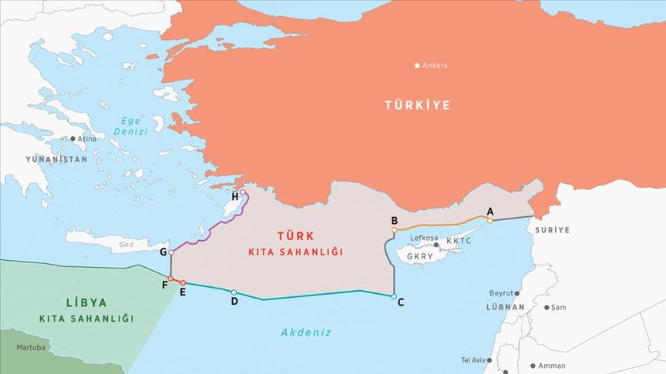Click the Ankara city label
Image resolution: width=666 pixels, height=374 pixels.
coord(435,65)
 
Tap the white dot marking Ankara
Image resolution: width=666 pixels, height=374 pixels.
coord(417,65)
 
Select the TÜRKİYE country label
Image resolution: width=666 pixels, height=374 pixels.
coord(418,105)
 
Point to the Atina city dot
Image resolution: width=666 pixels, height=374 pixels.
coord(73,139)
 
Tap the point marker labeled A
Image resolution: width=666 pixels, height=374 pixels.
coord(489,221)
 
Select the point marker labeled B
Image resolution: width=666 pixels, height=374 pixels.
coord(394,229)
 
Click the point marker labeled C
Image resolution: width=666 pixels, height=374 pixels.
coord(394,296)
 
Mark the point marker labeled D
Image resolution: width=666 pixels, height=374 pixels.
coord(234,292)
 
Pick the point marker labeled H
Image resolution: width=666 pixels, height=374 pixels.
coord(243,192)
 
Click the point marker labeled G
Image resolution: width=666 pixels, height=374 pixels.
coord(171,252)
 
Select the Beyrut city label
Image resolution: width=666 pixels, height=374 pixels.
coord(500,293)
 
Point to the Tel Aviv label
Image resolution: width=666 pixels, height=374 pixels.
coord(476,360)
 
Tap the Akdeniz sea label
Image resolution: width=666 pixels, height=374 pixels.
coord(306,332)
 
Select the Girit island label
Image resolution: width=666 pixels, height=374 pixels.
coord(126,245)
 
